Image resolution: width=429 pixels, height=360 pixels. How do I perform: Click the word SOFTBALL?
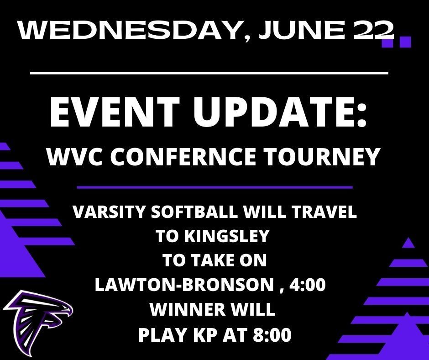194,212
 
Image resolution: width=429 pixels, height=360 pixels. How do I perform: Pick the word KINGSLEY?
226,236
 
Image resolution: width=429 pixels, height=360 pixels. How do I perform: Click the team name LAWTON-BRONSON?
184,285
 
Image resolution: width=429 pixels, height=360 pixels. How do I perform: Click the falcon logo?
38,321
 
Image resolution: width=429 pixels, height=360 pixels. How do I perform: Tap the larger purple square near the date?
405,42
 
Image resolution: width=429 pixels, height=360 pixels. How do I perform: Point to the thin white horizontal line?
209,73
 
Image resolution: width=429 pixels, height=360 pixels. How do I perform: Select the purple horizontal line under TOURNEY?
215,188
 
